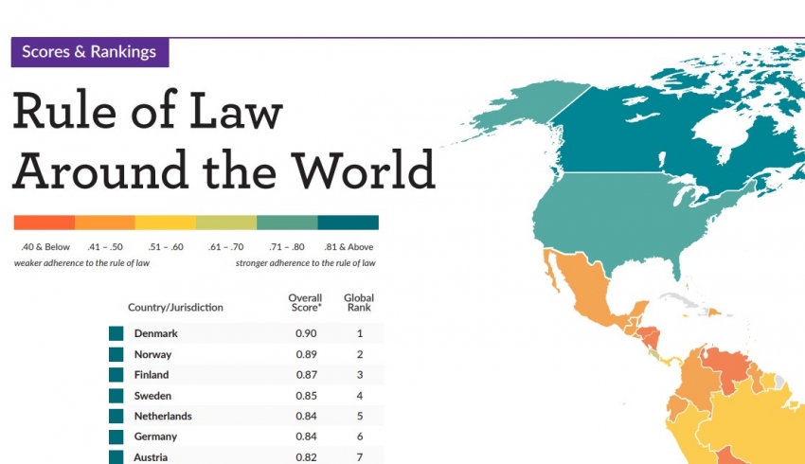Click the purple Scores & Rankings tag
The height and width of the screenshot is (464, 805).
coord(90,52)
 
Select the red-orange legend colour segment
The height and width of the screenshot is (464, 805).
coord(44,223)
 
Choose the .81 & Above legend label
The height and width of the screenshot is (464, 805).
coord(347,247)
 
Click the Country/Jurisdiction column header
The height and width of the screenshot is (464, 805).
coord(175,308)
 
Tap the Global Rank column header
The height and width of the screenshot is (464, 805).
coord(359,303)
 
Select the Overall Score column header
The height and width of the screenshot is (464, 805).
coord(305,303)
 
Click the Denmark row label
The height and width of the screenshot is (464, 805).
coord(156,333)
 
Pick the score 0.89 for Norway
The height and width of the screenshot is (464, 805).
coord(305,354)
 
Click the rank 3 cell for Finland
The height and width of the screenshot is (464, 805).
coord(360,375)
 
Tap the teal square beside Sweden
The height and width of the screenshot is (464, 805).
coord(116,396)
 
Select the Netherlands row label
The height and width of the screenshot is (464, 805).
coord(163,417)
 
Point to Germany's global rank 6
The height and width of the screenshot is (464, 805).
coord(360,437)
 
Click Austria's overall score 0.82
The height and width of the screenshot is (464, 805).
coord(305,457)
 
